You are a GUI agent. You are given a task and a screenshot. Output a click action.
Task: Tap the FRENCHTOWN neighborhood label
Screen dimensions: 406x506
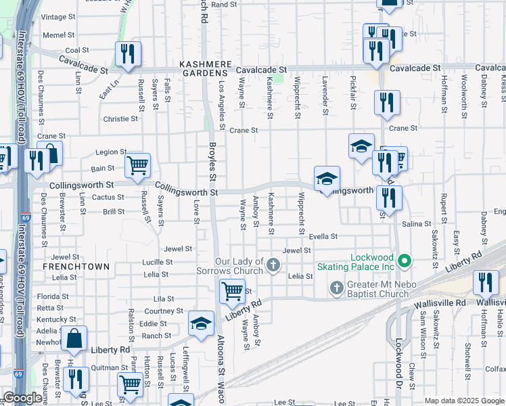click(x=76, y=267)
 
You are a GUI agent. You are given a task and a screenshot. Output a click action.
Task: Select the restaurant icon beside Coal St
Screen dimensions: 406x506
click(x=128, y=54)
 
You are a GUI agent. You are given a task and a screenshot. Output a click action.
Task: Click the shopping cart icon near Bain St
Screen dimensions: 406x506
click(x=137, y=165)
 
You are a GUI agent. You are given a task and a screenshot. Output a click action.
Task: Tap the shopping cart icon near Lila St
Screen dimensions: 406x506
click(x=232, y=292)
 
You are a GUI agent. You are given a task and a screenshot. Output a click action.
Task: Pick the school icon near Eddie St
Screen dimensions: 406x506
click(x=201, y=323)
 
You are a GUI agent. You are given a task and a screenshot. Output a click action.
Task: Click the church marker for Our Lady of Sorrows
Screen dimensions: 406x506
click(x=273, y=264)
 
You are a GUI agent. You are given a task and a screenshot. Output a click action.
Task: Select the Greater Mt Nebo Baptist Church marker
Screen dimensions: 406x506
click(x=336, y=289)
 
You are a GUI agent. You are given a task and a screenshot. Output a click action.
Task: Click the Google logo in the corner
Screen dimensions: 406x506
click(x=22, y=398)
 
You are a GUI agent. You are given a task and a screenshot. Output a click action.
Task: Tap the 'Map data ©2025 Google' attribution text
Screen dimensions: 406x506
click(x=464, y=401)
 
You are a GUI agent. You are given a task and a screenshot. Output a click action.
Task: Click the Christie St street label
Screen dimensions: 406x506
click(x=121, y=118)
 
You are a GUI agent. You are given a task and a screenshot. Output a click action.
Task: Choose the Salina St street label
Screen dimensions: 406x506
click(x=417, y=223)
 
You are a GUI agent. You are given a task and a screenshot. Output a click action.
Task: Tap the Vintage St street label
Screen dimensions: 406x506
click(x=58, y=17)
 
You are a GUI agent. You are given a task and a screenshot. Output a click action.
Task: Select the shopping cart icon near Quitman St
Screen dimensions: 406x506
click(x=130, y=384)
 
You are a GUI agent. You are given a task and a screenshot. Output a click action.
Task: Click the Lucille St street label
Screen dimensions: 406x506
click(x=157, y=262)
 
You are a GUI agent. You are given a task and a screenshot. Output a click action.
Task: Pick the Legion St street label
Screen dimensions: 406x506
click(x=111, y=152)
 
